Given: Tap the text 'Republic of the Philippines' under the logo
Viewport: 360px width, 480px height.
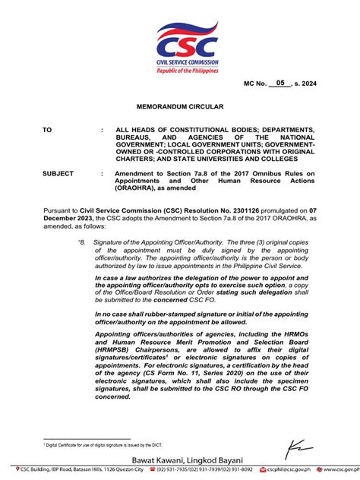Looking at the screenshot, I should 187,70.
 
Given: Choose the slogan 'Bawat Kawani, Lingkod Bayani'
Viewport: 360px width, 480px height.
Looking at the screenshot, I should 180,460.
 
